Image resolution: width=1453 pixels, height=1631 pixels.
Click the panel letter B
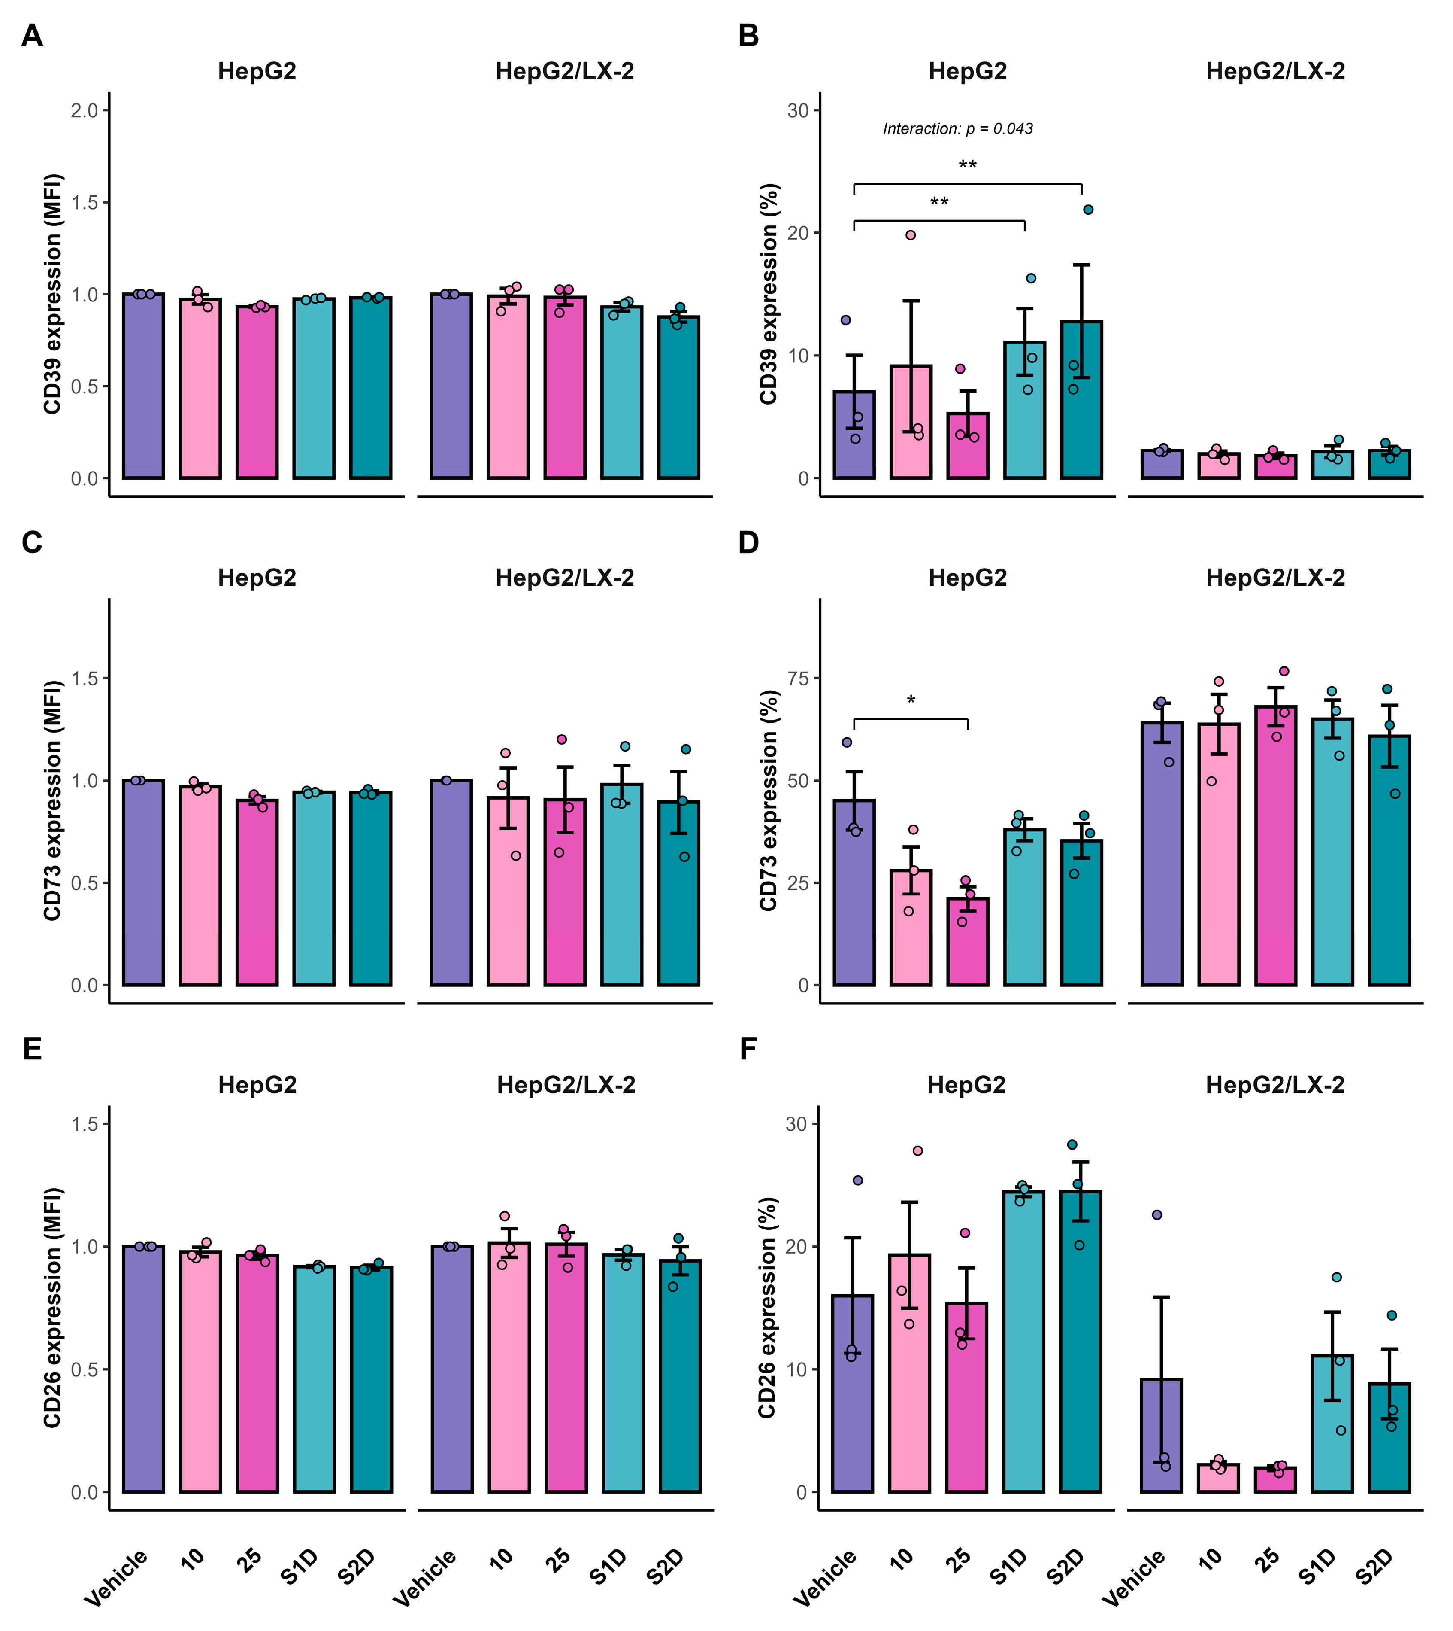[748, 36]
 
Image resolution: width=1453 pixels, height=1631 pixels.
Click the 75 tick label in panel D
[798, 678]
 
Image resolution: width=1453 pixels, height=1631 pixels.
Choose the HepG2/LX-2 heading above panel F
[1275, 1085]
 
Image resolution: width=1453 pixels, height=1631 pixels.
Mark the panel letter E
[32, 1049]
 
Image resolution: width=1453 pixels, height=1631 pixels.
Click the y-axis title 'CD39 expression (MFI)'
[53, 294]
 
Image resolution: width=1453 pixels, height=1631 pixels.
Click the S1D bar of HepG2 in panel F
[1023, 1342]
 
